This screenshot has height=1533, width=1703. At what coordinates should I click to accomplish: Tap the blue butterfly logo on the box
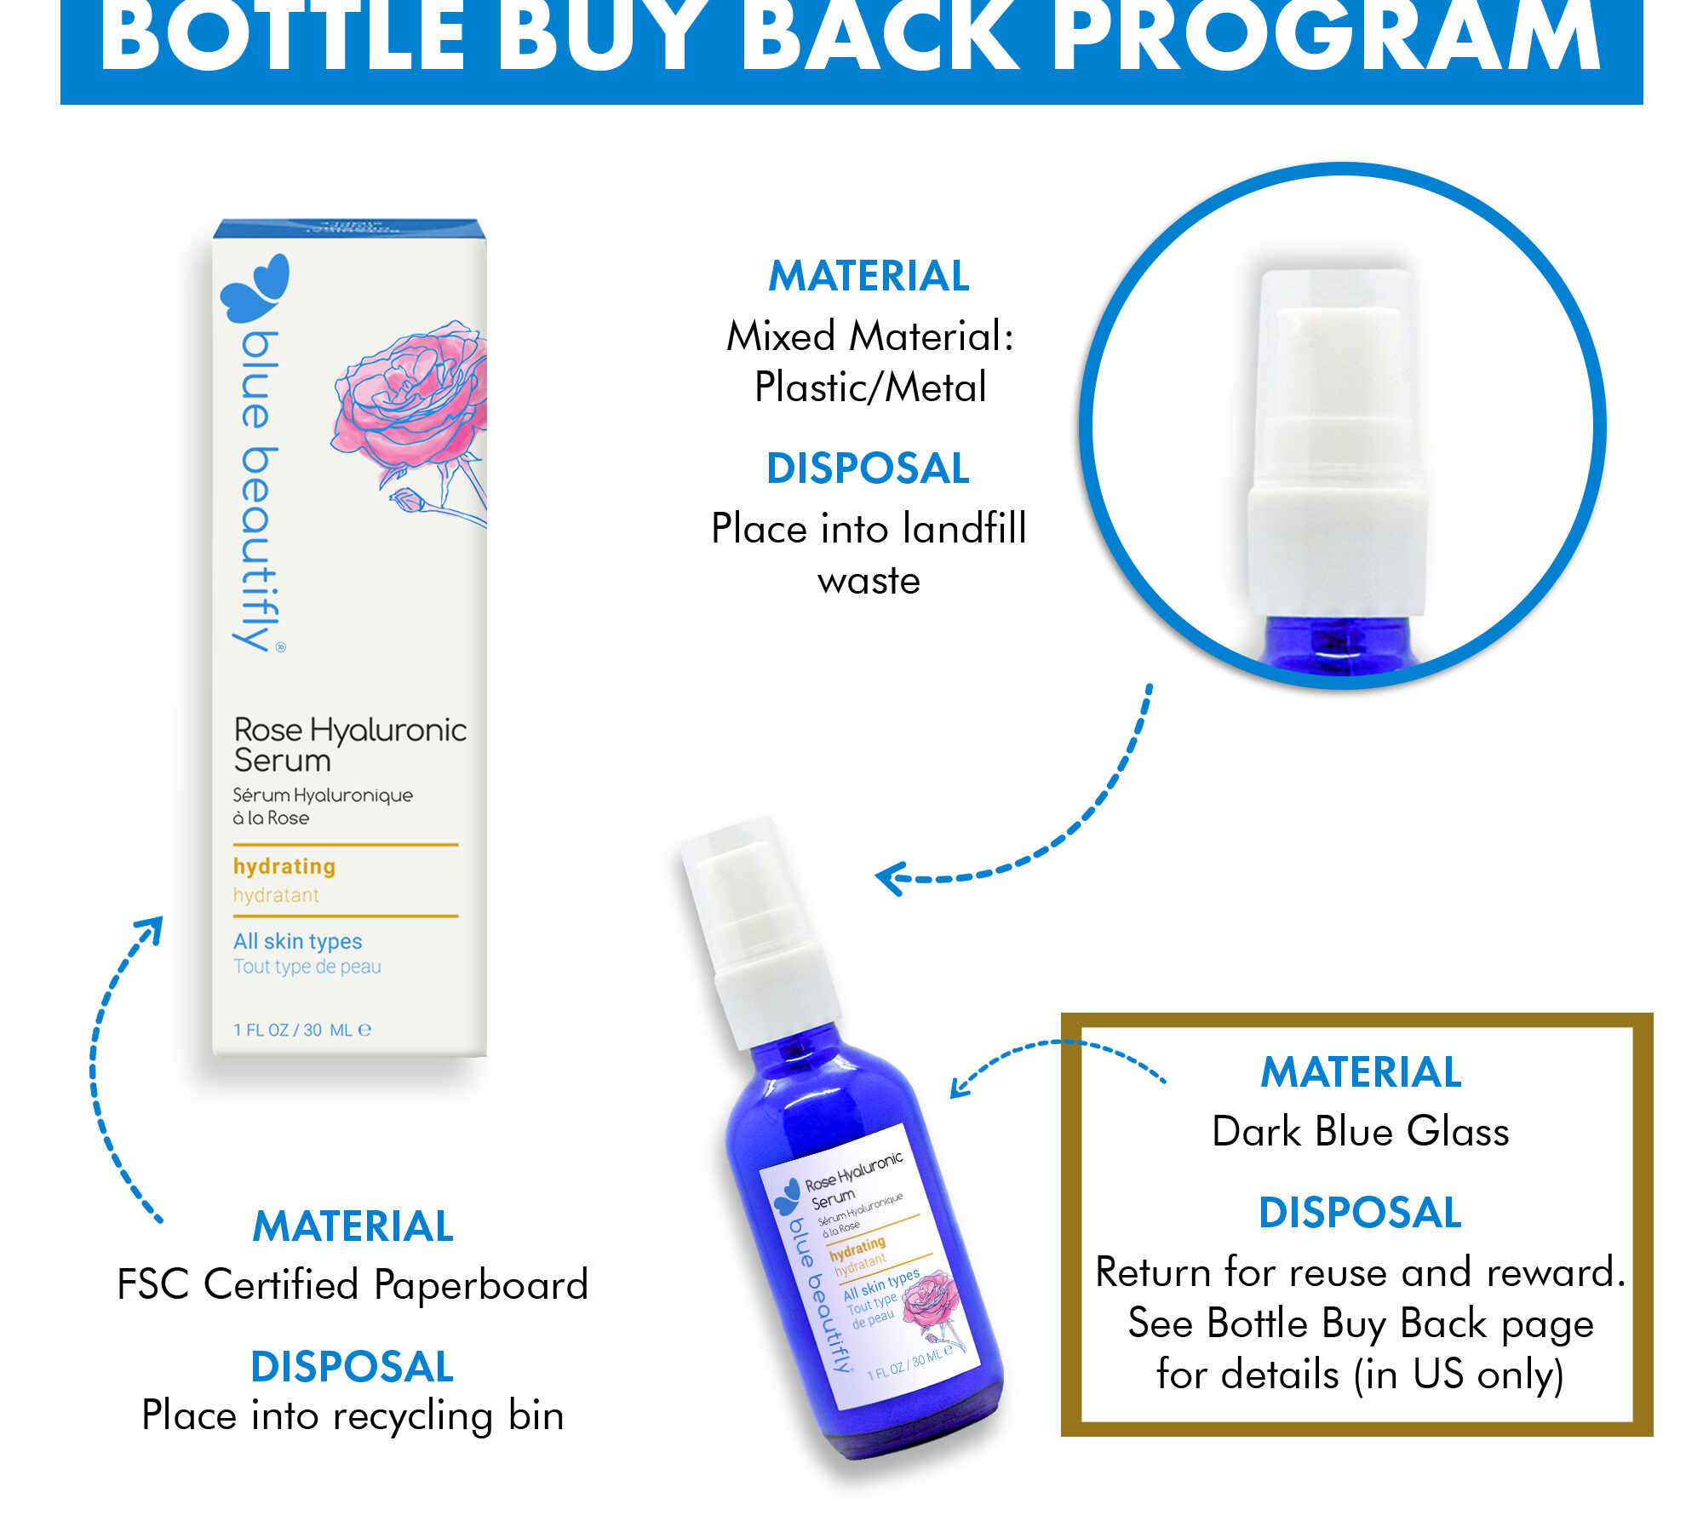[255, 288]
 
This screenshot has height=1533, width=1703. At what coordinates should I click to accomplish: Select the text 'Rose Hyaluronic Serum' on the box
[350, 744]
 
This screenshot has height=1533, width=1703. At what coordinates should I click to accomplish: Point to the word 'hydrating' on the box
[284, 866]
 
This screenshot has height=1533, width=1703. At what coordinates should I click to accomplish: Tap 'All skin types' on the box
[298, 941]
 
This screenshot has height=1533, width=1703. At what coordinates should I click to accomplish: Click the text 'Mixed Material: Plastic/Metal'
[870, 361]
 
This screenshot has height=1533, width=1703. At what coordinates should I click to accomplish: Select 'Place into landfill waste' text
[869, 554]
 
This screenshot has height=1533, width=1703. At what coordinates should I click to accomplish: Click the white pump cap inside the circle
[1337, 443]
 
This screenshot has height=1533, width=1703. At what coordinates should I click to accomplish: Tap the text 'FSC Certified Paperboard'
[353, 1284]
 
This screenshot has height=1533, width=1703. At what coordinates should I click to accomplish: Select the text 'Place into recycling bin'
[353, 1415]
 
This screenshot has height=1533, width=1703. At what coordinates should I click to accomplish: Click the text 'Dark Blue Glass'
[1361, 1131]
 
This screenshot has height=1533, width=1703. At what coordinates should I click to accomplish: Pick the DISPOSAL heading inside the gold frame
[1360, 1212]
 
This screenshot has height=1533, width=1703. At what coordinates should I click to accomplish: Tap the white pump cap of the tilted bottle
[758, 928]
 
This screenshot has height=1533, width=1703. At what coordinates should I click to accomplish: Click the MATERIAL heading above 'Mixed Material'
[869, 276]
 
